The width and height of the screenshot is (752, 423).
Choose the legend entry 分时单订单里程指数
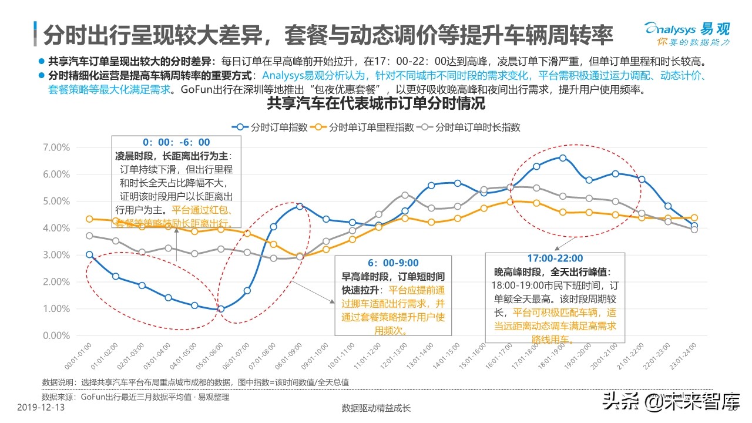[x=362, y=127]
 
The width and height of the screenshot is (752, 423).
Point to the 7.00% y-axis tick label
[x=56, y=147]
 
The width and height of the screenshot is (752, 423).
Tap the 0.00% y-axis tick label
[x=56, y=335]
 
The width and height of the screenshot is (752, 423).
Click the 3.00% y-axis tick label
[x=56, y=255]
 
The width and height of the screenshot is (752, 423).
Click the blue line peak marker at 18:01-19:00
[x=563, y=158]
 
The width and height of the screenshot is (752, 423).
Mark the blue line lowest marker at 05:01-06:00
[x=220, y=309]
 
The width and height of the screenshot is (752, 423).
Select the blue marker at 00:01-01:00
[x=89, y=254]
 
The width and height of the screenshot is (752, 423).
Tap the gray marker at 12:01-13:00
[x=405, y=195]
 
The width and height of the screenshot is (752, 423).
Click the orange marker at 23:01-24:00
[x=694, y=218]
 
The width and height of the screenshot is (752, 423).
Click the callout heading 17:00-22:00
[x=555, y=258]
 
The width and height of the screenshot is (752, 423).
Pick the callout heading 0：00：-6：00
[x=176, y=142]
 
